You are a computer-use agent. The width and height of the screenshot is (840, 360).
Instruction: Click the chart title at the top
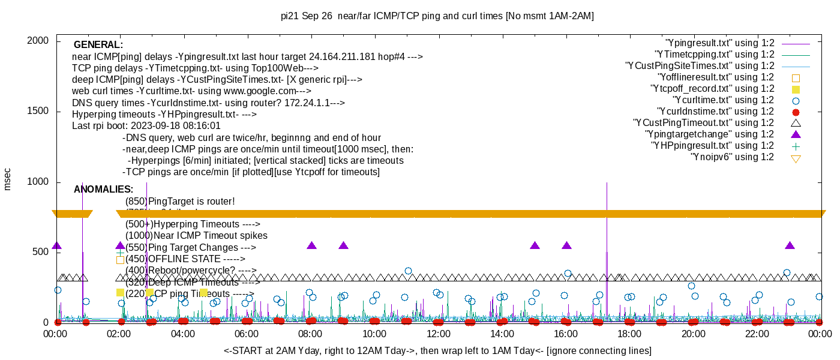pos(437,16)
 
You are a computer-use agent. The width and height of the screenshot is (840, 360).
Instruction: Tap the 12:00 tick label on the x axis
pos(438,334)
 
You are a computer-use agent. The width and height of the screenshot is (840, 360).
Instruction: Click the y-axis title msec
pos(8,179)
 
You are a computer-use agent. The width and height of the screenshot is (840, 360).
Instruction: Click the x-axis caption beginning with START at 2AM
pos(437,350)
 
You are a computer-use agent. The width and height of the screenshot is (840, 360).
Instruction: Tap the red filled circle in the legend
pos(796,112)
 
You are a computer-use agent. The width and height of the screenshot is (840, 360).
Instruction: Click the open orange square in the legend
pos(796,77)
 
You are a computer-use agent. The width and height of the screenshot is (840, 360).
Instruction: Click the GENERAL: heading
pos(98,45)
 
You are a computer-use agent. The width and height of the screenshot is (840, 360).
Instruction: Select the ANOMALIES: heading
pos(103,190)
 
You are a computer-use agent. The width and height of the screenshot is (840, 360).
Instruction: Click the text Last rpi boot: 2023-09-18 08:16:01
pos(146,126)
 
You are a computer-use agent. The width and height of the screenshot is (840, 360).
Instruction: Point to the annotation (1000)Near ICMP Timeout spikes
pos(196,236)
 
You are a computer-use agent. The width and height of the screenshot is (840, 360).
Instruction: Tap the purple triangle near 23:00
pos(790,246)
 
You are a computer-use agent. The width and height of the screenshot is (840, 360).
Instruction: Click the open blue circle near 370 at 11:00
pos(408,271)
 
